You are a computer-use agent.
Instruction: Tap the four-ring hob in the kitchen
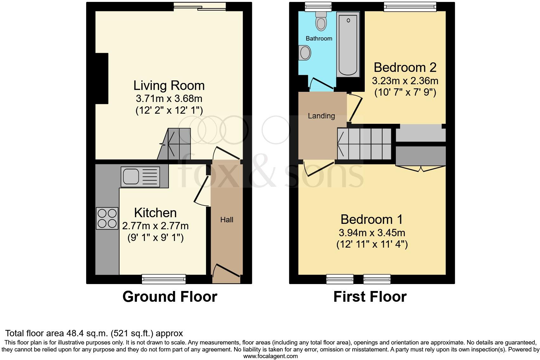coord(107,218)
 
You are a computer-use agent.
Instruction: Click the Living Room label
coord(169,86)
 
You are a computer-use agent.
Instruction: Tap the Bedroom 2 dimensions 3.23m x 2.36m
coord(405,81)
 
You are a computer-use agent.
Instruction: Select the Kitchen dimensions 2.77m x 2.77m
coord(155,226)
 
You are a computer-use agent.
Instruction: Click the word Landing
coord(321,116)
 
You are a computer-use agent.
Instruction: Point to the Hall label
coord(227,220)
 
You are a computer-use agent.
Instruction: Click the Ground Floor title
coord(170,297)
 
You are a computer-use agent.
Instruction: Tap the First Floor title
coord(370,297)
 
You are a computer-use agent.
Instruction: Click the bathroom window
coord(318,6)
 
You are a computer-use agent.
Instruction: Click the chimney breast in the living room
coord(102,78)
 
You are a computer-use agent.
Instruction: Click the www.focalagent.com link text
coord(270,356)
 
